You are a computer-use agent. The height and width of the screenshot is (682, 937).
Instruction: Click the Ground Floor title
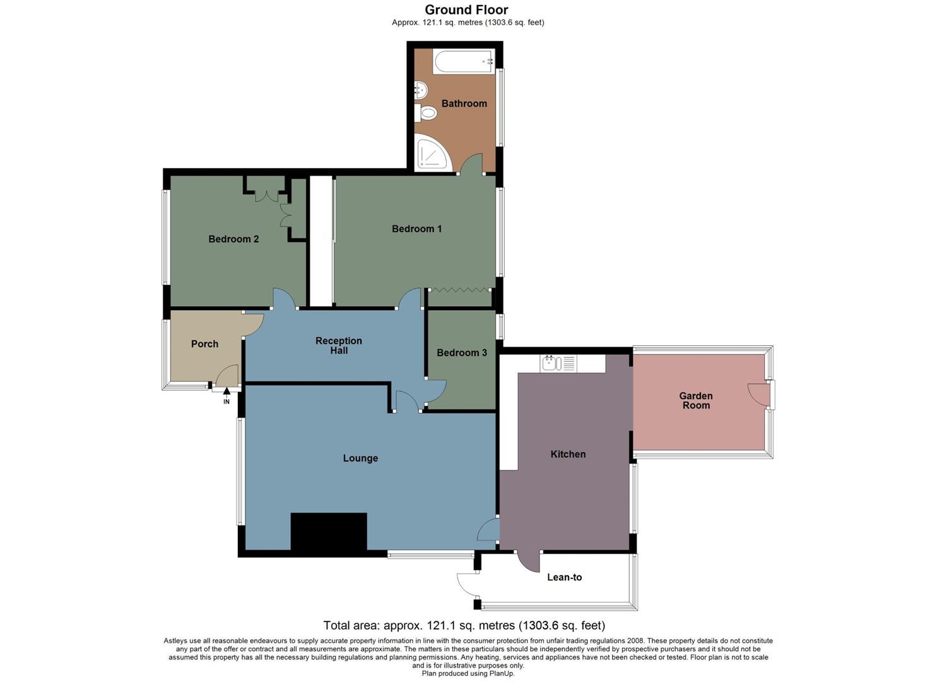click(466, 9)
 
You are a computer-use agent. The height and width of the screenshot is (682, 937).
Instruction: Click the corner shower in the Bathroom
click(430, 153)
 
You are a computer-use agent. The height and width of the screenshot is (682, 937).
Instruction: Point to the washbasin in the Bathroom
click(421, 90)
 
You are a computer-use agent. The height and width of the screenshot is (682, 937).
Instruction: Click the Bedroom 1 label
click(416, 229)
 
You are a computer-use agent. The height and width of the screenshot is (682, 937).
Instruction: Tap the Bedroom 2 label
click(233, 239)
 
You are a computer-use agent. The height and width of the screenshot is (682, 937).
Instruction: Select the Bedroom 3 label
click(461, 352)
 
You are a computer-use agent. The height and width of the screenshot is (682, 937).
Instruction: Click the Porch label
click(204, 344)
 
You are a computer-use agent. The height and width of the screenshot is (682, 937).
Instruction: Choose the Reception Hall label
click(339, 345)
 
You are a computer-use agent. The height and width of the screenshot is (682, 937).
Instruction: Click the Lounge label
click(360, 458)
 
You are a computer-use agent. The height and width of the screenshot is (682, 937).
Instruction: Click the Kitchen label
click(568, 454)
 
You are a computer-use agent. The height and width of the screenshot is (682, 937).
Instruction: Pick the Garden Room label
click(695, 400)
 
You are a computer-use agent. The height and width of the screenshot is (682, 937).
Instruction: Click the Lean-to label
click(564, 577)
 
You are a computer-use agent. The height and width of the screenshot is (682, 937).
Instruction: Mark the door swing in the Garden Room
click(758, 394)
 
